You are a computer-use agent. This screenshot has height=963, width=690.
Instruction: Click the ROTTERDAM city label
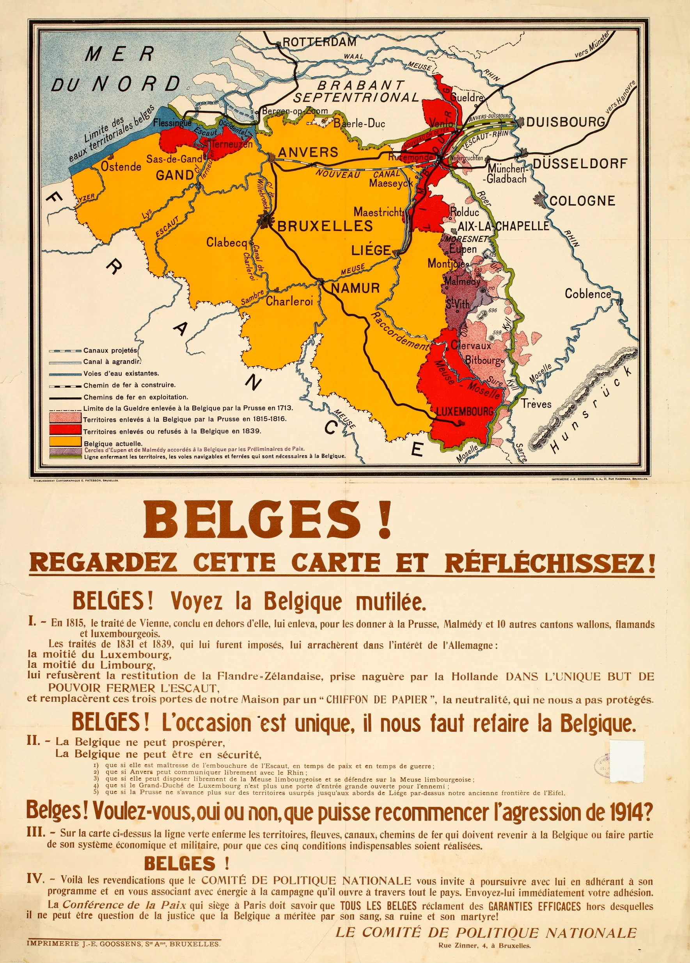[319, 42]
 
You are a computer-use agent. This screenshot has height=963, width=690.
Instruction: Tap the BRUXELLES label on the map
[325, 226]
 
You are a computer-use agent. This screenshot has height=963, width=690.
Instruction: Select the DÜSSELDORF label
[580, 164]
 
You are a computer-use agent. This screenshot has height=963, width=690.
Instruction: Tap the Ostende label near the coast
[121, 166]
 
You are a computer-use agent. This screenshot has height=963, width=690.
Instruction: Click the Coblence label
[588, 294]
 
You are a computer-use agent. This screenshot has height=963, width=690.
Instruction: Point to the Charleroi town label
[289, 301]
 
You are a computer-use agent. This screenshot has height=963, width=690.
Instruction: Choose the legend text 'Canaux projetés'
[110, 350]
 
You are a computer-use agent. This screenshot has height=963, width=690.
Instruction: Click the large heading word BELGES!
[267, 519]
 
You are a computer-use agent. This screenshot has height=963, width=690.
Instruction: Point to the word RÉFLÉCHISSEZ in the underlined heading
[549, 563]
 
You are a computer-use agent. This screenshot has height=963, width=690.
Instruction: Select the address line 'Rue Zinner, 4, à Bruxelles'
[484, 945]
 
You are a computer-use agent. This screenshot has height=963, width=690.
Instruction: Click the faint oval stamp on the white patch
[602, 765]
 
